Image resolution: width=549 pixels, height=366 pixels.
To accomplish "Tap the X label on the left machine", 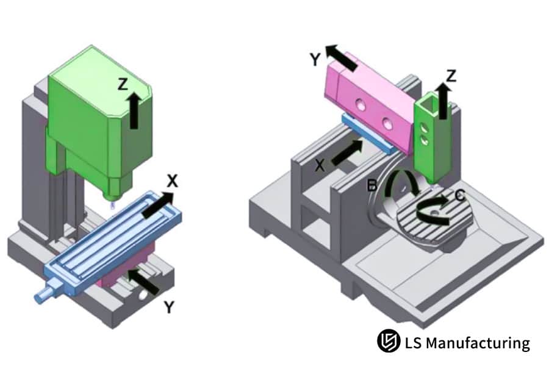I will [173, 181].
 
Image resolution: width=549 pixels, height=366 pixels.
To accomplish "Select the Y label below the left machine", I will [169, 308].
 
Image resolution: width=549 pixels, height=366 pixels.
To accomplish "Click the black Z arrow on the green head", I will [134, 110].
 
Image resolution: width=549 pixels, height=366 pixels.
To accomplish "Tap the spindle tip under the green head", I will [110, 196].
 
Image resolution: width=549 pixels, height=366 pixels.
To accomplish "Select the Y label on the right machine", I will [315, 59].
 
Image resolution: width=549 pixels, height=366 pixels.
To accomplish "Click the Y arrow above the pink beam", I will [342, 57].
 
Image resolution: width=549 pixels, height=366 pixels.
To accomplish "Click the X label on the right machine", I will [320, 165].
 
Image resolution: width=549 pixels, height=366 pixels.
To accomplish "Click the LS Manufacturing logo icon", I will [388, 341].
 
